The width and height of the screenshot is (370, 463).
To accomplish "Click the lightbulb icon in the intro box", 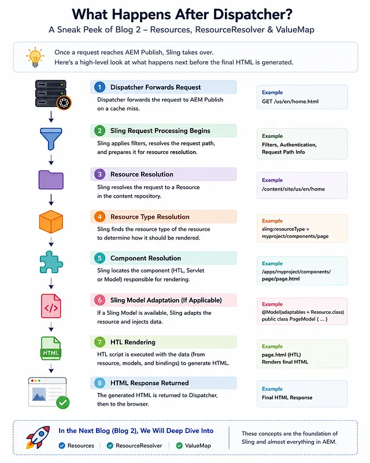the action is click(x=35, y=57).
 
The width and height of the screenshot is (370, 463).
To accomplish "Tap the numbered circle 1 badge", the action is click(x=100, y=87).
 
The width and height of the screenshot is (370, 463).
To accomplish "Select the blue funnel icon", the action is click(x=51, y=139).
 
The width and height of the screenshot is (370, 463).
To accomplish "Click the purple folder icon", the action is click(x=51, y=180).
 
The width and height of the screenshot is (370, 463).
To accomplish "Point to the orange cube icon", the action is click(x=51, y=222).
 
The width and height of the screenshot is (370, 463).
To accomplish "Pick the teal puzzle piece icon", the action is click(x=51, y=262).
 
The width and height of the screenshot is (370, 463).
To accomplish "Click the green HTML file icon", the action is click(x=51, y=348).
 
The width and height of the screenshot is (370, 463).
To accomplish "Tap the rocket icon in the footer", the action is click(x=38, y=438).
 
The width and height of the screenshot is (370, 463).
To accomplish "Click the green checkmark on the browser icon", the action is click(x=63, y=402).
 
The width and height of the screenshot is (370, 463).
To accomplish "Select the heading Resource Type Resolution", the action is click(x=150, y=216).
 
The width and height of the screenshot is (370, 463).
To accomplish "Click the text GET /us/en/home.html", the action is click(x=290, y=101).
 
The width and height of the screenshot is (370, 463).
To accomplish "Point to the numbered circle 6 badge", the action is click(x=100, y=300).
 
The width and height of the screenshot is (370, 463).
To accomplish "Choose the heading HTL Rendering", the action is click(x=133, y=342).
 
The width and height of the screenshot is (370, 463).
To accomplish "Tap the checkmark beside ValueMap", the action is click(x=179, y=445).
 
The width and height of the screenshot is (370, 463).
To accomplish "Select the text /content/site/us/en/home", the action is click(x=293, y=189).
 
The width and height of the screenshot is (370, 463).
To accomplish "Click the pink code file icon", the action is click(x=51, y=306).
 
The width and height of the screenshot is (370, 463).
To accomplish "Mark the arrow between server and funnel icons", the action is click(x=51, y=117).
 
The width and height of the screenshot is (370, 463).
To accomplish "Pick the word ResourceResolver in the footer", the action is click(x=139, y=445).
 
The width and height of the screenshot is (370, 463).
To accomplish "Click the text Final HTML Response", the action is click(x=287, y=398).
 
